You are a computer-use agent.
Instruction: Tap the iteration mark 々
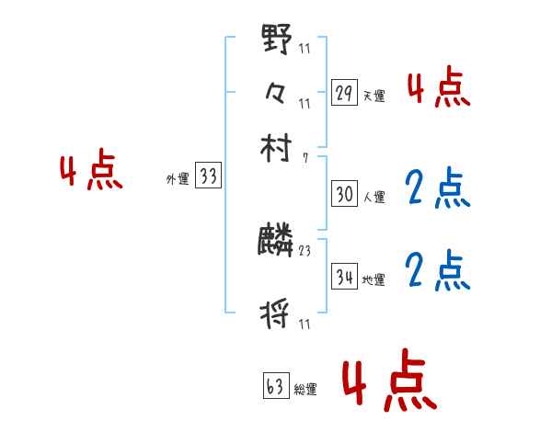(276, 92)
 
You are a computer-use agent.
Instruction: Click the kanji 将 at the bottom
(276, 314)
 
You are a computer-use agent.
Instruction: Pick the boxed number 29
(344, 92)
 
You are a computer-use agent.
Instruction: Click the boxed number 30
(344, 194)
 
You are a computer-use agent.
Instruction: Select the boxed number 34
(344, 276)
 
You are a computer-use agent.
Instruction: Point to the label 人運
(374, 197)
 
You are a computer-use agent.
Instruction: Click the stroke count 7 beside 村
(305, 157)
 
